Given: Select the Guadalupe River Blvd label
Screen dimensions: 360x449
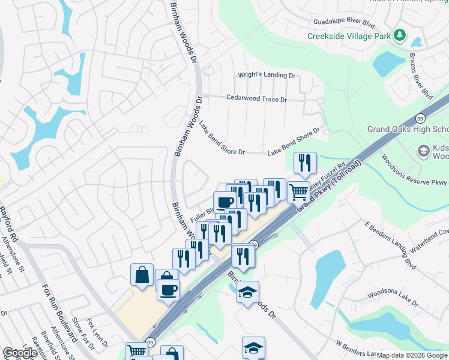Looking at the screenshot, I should point(348,22).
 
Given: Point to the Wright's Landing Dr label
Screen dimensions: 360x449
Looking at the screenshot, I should point(267,76).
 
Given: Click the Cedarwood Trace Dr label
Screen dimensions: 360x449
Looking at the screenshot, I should point(256,98).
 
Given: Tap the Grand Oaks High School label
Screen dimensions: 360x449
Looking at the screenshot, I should point(408,130).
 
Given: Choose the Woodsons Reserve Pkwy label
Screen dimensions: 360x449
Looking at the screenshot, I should point(414,174).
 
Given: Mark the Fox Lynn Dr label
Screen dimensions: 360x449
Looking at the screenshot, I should point(97,334).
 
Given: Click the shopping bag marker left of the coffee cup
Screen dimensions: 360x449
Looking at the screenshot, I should point(142,275).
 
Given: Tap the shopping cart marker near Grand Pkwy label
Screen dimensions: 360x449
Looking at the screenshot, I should point(298,192).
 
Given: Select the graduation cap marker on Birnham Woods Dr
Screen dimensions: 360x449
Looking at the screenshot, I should point(247,292).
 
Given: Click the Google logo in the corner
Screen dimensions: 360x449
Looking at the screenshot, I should point(20,353).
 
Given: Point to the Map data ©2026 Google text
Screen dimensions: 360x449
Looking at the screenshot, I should point(412,355).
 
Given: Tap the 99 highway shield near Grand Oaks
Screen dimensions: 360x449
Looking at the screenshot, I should point(420,118).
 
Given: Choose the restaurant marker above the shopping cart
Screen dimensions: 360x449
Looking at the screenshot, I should point(304,163).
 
